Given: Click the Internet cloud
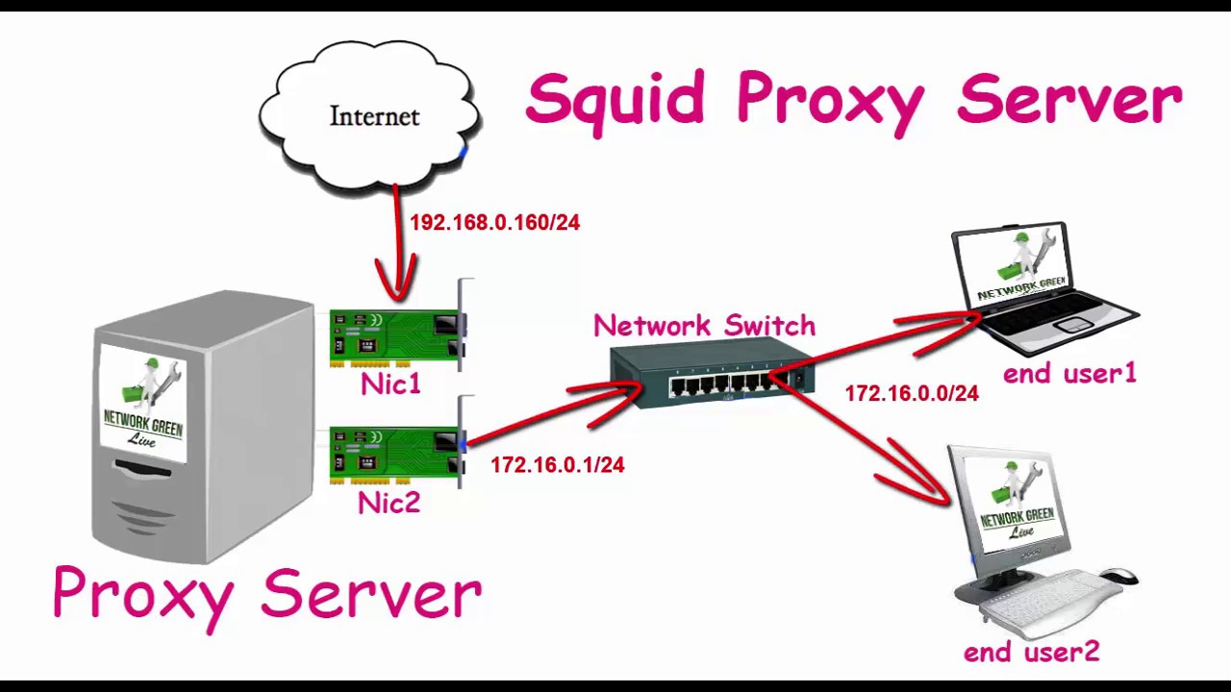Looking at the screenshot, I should (370, 115).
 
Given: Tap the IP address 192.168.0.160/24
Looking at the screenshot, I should (494, 223).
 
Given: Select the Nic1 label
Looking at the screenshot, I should (390, 384).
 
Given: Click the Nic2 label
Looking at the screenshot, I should (389, 503).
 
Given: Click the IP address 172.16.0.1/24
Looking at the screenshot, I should (557, 465).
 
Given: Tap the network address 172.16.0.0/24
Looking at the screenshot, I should (911, 393).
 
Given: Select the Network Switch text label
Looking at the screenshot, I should (704, 326).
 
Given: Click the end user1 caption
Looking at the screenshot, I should (1068, 374).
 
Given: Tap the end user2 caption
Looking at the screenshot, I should (1031, 653).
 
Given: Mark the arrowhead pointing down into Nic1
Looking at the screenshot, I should (396, 284).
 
